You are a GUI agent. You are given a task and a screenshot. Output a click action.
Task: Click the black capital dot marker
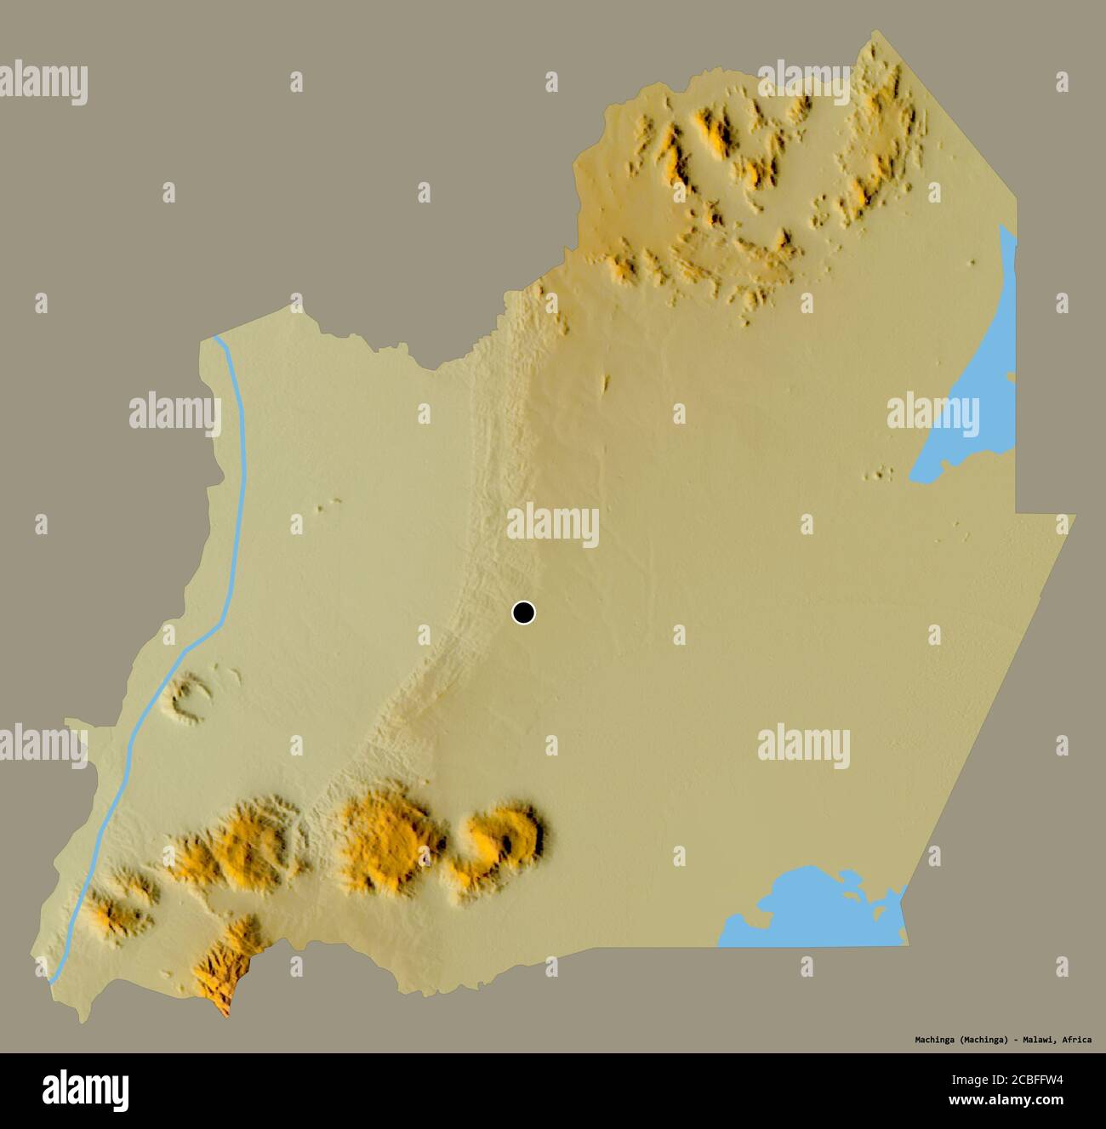click(523, 612)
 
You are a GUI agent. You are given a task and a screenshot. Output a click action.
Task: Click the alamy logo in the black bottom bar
click(86, 1090)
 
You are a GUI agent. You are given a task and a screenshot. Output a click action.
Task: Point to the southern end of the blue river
click(53, 980)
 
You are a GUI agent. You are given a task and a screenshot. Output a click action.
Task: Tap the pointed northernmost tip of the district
click(876, 31)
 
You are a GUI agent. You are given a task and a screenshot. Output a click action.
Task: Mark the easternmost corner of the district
click(1075, 515)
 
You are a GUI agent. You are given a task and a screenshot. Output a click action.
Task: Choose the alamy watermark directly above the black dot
click(553, 525)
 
